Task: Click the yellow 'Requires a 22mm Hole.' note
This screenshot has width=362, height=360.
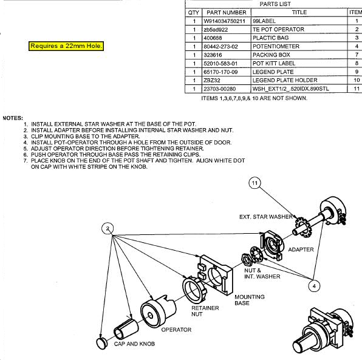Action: [x=66, y=46]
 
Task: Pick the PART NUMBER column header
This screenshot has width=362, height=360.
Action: [x=227, y=13]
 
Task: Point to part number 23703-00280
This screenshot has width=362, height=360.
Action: [x=219, y=89]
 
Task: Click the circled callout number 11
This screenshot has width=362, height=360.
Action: [x=254, y=183]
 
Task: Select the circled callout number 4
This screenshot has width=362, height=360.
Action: [x=314, y=286]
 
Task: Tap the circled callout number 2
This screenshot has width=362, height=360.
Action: [x=108, y=229]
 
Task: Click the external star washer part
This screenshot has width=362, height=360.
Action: [x=303, y=226]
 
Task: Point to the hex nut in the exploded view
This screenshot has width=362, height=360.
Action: [x=247, y=259]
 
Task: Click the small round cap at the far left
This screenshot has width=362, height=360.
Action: [x=101, y=344]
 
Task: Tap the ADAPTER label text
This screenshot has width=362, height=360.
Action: [x=301, y=250]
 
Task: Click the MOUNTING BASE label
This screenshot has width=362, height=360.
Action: [x=250, y=300]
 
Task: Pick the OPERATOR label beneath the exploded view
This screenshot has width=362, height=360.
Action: [x=176, y=330]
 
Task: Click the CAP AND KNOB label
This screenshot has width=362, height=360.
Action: [x=134, y=344]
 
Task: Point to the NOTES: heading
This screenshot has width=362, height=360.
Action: [x=13, y=118]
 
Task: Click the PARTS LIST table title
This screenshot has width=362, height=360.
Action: [x=275, y=4]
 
